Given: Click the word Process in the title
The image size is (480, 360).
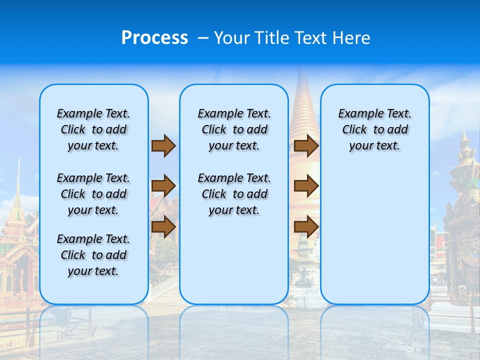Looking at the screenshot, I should coord(154,38).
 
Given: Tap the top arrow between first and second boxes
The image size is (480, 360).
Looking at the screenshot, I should coord(163,146).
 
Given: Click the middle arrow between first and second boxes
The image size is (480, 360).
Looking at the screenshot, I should coord(163,186).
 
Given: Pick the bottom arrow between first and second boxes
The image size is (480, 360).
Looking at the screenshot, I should coord(163,227).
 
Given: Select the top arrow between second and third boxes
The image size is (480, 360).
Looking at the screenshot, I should coord(306,146).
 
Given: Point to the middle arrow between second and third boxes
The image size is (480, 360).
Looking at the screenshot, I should coord(306,186).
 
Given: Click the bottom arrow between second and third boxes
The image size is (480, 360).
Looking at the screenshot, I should coord(306,227).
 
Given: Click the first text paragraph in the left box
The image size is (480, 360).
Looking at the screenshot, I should coord(93,129).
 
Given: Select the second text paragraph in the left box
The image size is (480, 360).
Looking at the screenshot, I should coord(93,194).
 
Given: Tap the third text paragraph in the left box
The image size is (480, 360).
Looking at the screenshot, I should coord(93,255).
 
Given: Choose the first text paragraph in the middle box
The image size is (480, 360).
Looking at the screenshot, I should coord(234,129).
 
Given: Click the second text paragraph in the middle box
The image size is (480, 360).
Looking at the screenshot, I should coord(234,194).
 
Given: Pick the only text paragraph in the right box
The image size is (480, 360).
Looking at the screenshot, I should coord(374,129).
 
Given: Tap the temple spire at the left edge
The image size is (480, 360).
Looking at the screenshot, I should coord(18,200).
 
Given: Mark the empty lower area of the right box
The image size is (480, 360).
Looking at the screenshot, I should coord(374,235).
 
